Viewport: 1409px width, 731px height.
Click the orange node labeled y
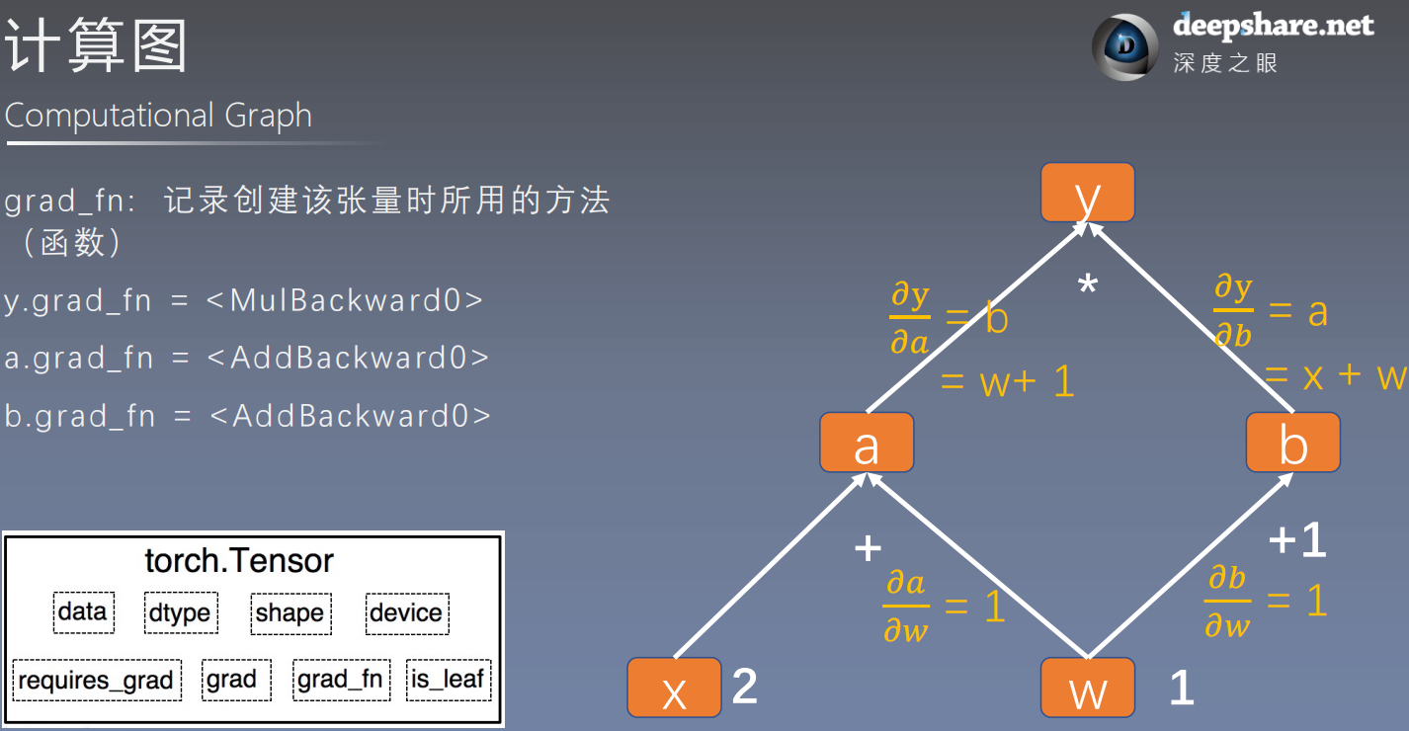[1087, 193]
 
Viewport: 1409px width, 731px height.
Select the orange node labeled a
[867, 443]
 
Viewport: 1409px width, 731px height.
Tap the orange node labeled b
[1292, 443]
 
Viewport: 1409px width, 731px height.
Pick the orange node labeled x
[674, 688]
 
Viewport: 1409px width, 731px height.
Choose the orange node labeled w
[1087, 688]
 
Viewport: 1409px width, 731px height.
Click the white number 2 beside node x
[745, 687]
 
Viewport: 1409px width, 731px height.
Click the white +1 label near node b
[1297, 540]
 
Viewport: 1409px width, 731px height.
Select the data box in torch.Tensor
[83, 612]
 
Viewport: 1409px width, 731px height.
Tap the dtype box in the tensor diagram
[180, 612]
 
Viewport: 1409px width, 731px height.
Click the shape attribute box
[290, 612]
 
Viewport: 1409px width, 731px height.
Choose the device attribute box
[406, 612]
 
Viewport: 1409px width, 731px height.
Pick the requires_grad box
[96, 680]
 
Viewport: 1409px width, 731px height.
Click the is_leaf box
[449, 680]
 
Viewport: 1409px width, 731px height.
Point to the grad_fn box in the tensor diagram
[339, 680]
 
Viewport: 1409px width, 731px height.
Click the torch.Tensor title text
[239, 561]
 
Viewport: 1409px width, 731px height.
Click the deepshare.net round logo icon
[1125, 46]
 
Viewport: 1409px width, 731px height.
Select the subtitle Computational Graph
[158, 116]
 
